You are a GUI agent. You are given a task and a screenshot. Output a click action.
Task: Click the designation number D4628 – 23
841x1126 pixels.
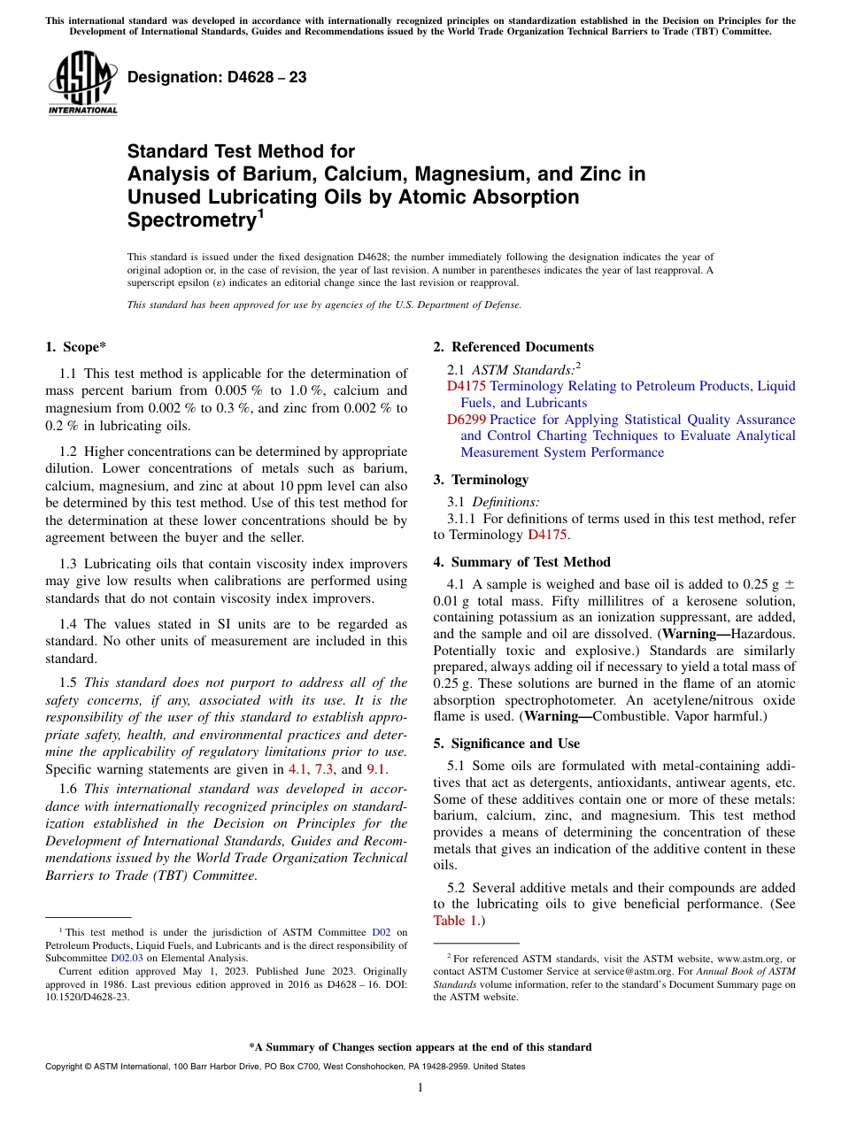[217, 77]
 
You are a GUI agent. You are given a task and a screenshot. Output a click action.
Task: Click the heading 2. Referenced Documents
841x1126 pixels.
[513, 347]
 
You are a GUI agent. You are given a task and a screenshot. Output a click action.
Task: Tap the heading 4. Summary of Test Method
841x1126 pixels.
[521, 562]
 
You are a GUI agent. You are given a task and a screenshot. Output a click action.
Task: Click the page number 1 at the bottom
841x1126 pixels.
[420, 1088]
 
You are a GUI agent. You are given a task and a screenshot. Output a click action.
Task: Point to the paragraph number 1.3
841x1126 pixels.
[69, 565]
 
